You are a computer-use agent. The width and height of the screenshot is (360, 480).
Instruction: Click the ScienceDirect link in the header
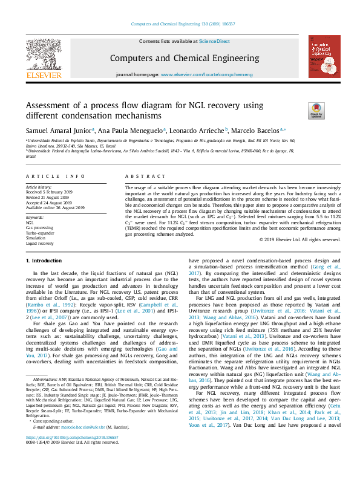coord(215,41)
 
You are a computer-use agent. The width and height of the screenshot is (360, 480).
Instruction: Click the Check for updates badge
coord(333,111)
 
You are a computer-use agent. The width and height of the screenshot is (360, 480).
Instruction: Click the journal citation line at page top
coord(180,25)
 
